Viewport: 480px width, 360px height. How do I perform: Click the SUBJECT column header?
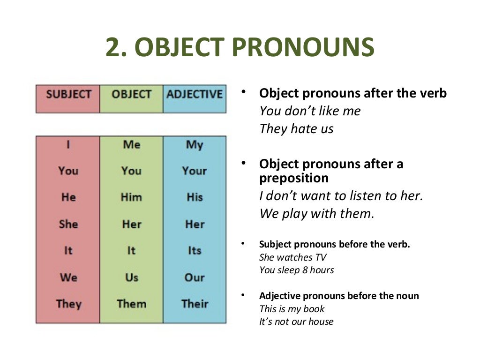[68, 94]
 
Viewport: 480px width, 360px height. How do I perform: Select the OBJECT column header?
[131, 94]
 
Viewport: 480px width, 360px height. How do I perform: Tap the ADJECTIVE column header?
[194, 94]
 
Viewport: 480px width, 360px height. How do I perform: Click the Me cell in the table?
[131, 144]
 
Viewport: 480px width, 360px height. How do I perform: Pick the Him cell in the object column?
[131, 197]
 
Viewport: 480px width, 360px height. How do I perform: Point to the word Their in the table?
[195, 303]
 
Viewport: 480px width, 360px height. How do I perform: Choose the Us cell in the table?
[131, 277]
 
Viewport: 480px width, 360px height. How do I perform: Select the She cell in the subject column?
[68, 224]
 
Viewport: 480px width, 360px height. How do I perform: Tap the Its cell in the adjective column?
[195, 250]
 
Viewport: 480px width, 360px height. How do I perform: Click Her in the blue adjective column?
[195, 224]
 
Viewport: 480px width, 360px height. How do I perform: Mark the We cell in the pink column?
[68, 277]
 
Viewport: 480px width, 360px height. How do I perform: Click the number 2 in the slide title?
[114, 47]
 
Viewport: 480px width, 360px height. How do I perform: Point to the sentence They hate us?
[296, 129]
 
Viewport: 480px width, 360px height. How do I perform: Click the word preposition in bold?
[294, 178]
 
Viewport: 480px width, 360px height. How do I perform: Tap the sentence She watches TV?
[292, 257]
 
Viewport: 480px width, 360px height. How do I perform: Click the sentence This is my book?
[292, 309]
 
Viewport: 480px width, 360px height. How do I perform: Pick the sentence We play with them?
[317, 214]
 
